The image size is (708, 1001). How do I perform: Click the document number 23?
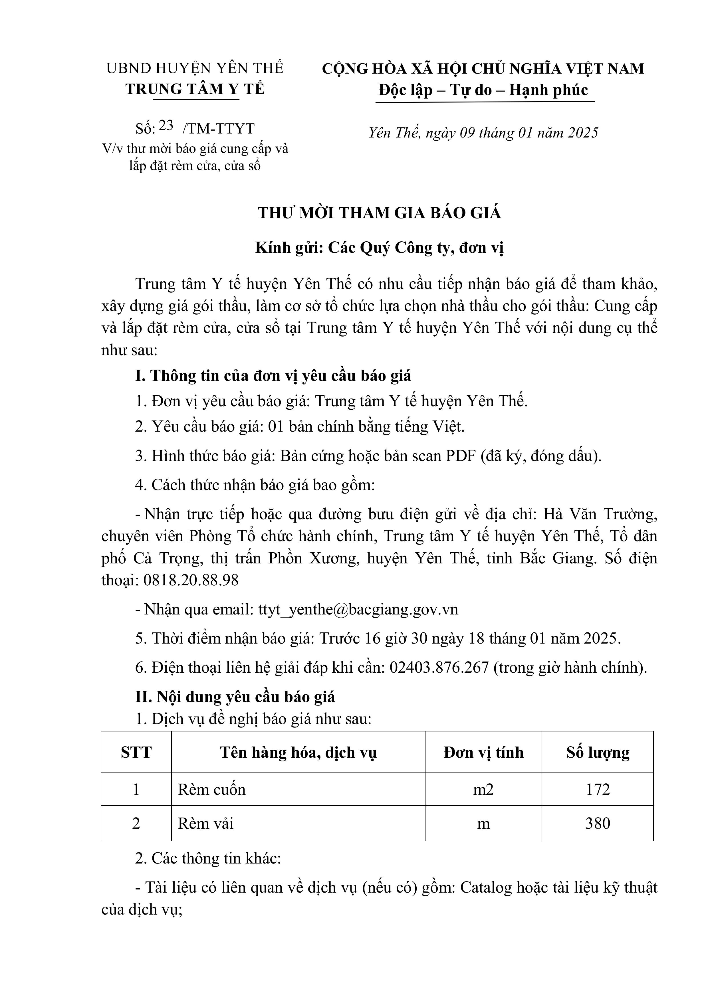point(166,126)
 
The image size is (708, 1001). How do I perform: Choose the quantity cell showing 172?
point(598,790)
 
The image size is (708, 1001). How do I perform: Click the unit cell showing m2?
point(483,790)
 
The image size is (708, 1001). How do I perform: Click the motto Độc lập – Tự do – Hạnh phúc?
point(483,90)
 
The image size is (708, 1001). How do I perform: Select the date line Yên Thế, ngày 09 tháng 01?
point(483,133)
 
